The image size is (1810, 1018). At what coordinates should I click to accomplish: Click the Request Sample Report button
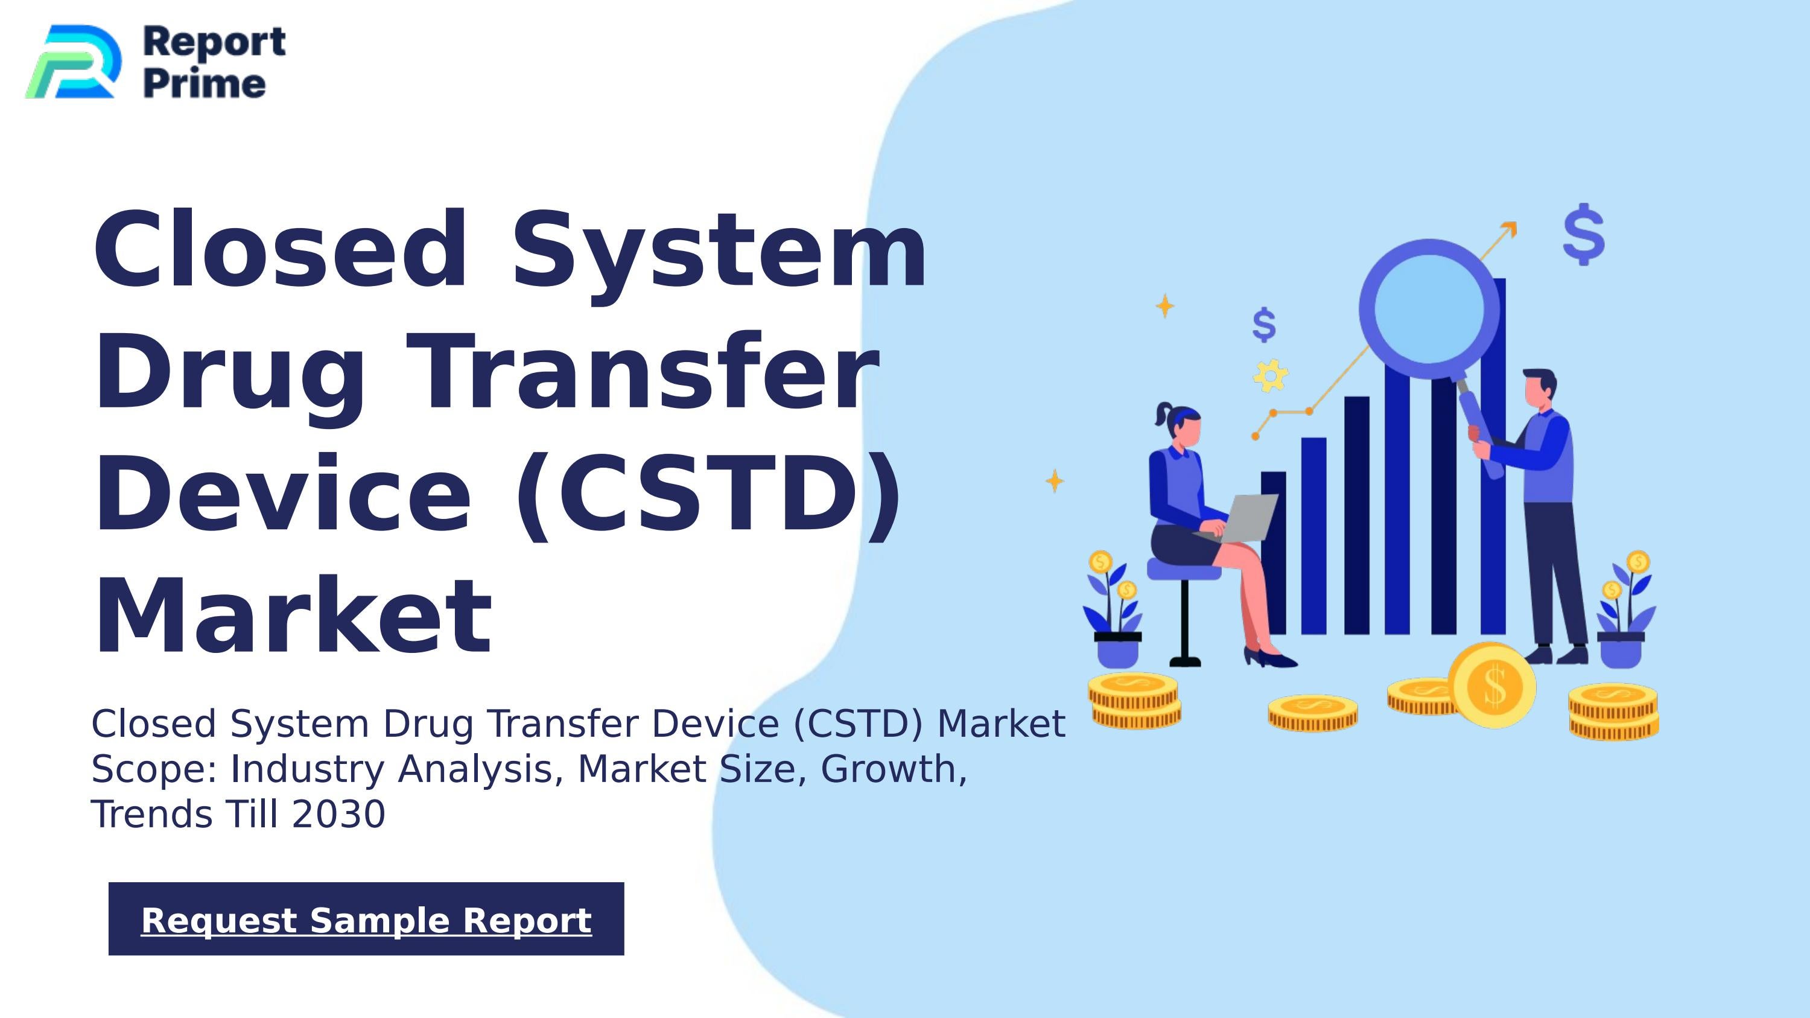tap(366, 919)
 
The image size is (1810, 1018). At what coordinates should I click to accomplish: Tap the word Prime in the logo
tap(205, 84)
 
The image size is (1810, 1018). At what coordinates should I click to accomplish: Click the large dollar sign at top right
tap(1584, 235)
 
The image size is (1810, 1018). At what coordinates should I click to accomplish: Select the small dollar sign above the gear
tap(1264, 325)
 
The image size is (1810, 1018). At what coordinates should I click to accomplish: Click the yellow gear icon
tap(1271, 376)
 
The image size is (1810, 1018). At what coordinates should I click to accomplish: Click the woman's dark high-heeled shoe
tap(1271, 658)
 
